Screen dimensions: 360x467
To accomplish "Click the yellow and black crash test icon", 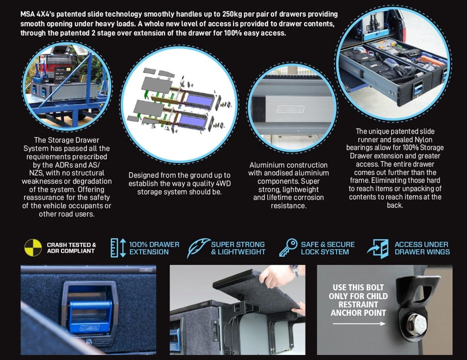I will (x=33, y=247).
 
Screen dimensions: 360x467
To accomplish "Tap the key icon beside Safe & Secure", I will (x=289, y=247).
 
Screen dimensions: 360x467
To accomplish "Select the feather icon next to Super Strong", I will (x=198, y=247).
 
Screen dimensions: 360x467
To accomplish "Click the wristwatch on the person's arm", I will (x=295, y=271).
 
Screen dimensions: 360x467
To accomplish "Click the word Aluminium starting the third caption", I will (x=265, y=165).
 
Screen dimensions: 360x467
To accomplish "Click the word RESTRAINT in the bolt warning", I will (x=358, y=304).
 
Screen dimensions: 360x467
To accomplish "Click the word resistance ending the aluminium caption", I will (x=289, y=206).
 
